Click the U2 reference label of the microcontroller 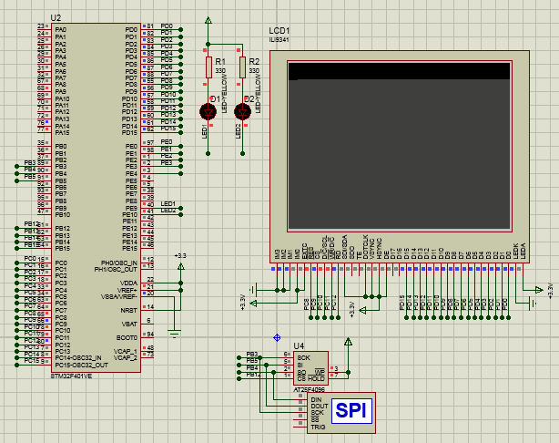click(x=56, y=18)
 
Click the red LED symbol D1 click(x=208, y=111)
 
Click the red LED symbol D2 click(x=242, y=111)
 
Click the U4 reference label click(x=298, y=343)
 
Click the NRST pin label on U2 click(x=129, y=310)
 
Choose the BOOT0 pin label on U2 click(x=127, y=337)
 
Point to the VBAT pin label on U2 click(x=129, y=324)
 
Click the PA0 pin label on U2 click(x=61, y=29)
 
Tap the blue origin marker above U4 click(x=277, y=337)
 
